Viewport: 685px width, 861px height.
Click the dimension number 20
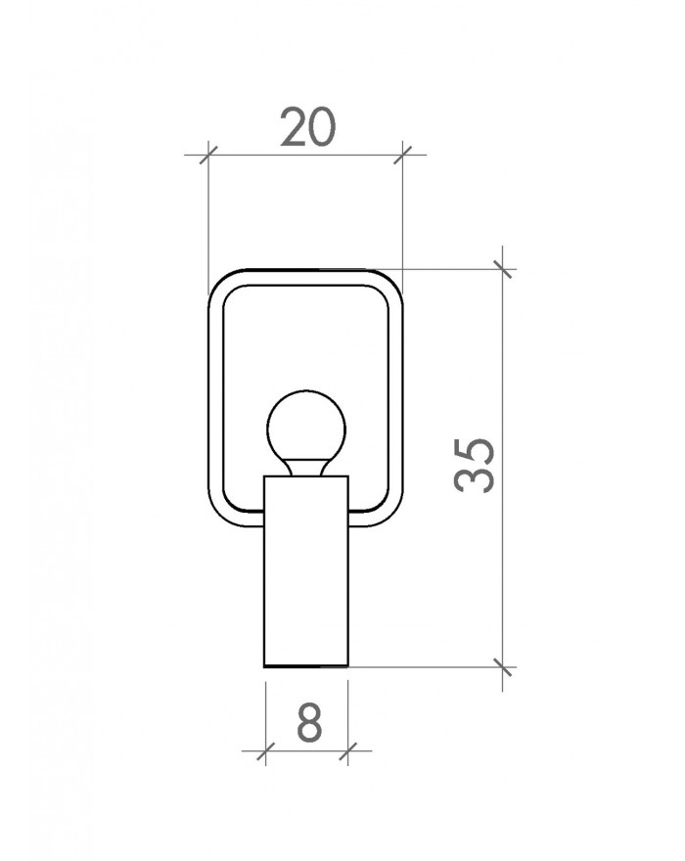pyautogui.click(x=307, y=127)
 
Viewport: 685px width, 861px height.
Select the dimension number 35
pyautogui.click(x=475, y=465)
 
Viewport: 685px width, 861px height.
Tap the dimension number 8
pyautogui.click(x=309, y=722)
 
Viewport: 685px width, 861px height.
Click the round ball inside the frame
pyautogui.click(x=306, y=426)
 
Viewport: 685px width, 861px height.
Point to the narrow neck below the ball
pyautogui.click(x=306, y=467)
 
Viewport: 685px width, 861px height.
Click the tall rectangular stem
pyautogui.click(x=306, y=571)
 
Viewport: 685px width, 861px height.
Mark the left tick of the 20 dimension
pyautogui.click(x=208, y=155)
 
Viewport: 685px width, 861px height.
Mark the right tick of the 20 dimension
pyautogui.click(x=402, y=155)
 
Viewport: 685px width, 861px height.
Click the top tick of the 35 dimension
pyautogui.click(x=503, y=269)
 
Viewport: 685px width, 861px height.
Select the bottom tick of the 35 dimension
pyautogui.click(x=503, y=667)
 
